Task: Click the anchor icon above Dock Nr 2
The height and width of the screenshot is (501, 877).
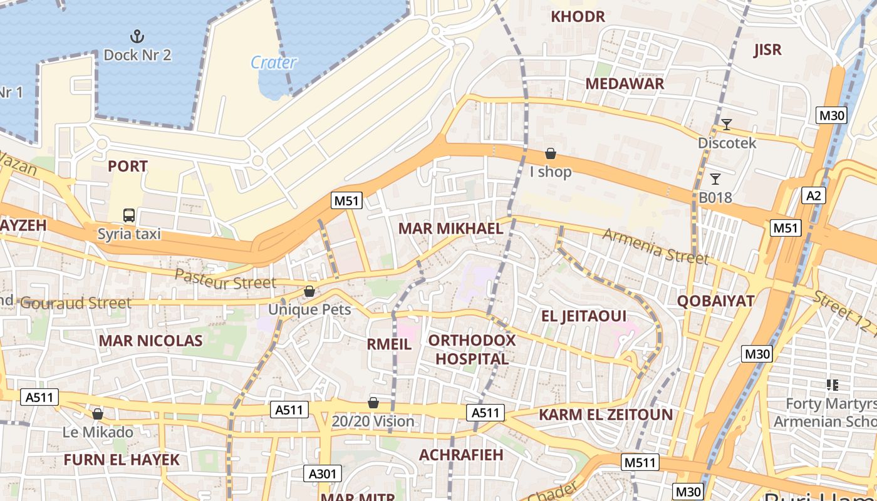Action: pos(137,36)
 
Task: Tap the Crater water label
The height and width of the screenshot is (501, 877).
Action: pos(274,63)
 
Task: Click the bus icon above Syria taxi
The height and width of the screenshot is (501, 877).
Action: pos(129,216)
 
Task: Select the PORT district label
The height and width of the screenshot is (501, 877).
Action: pos(128,167)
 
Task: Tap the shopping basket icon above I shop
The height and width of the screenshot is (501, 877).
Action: pos(551,153)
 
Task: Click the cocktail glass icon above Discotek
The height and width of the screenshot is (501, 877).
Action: pos(727,125)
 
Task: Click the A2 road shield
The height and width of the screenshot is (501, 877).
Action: pos(813,196)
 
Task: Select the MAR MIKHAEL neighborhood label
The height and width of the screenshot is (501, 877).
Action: pos(450,229)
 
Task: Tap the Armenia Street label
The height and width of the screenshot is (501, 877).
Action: pos(655,246)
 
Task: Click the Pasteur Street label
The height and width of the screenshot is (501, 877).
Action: pos(225,279)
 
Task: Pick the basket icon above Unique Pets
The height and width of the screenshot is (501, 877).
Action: pos(309,291)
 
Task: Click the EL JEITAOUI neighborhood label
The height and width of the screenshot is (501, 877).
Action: pos(584,316)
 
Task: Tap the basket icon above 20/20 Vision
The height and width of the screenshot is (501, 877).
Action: pos(373,403)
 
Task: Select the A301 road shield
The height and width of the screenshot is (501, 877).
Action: pos(322,473)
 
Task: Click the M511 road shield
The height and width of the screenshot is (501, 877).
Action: pos(641,463)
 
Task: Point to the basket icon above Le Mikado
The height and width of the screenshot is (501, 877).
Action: pos(97,414)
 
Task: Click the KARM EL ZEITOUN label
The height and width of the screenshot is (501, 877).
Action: pos(606,415)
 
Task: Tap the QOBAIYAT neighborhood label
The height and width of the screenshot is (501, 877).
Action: pos(715,301)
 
